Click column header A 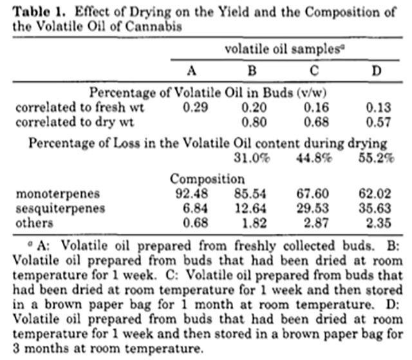click(192, 70)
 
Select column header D click(376, 70)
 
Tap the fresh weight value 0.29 click(195, 107)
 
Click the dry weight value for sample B click(254, 122)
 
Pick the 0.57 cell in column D click(379, 122)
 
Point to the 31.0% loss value click(252, 158)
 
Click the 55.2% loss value click(376, 158)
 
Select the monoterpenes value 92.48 click(192, 194)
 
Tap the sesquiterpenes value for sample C click(313, 209)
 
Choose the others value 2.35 click(379, 223)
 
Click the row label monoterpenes click(58, 194)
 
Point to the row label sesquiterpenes click(60, 209)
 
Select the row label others click(34, 223)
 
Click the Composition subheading click(207, 179)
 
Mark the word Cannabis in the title click(154, 26)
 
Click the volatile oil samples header click(285, 49)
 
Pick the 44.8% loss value click(314, 158)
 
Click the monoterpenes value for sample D click(375, 194)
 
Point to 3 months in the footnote click(41, 348)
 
